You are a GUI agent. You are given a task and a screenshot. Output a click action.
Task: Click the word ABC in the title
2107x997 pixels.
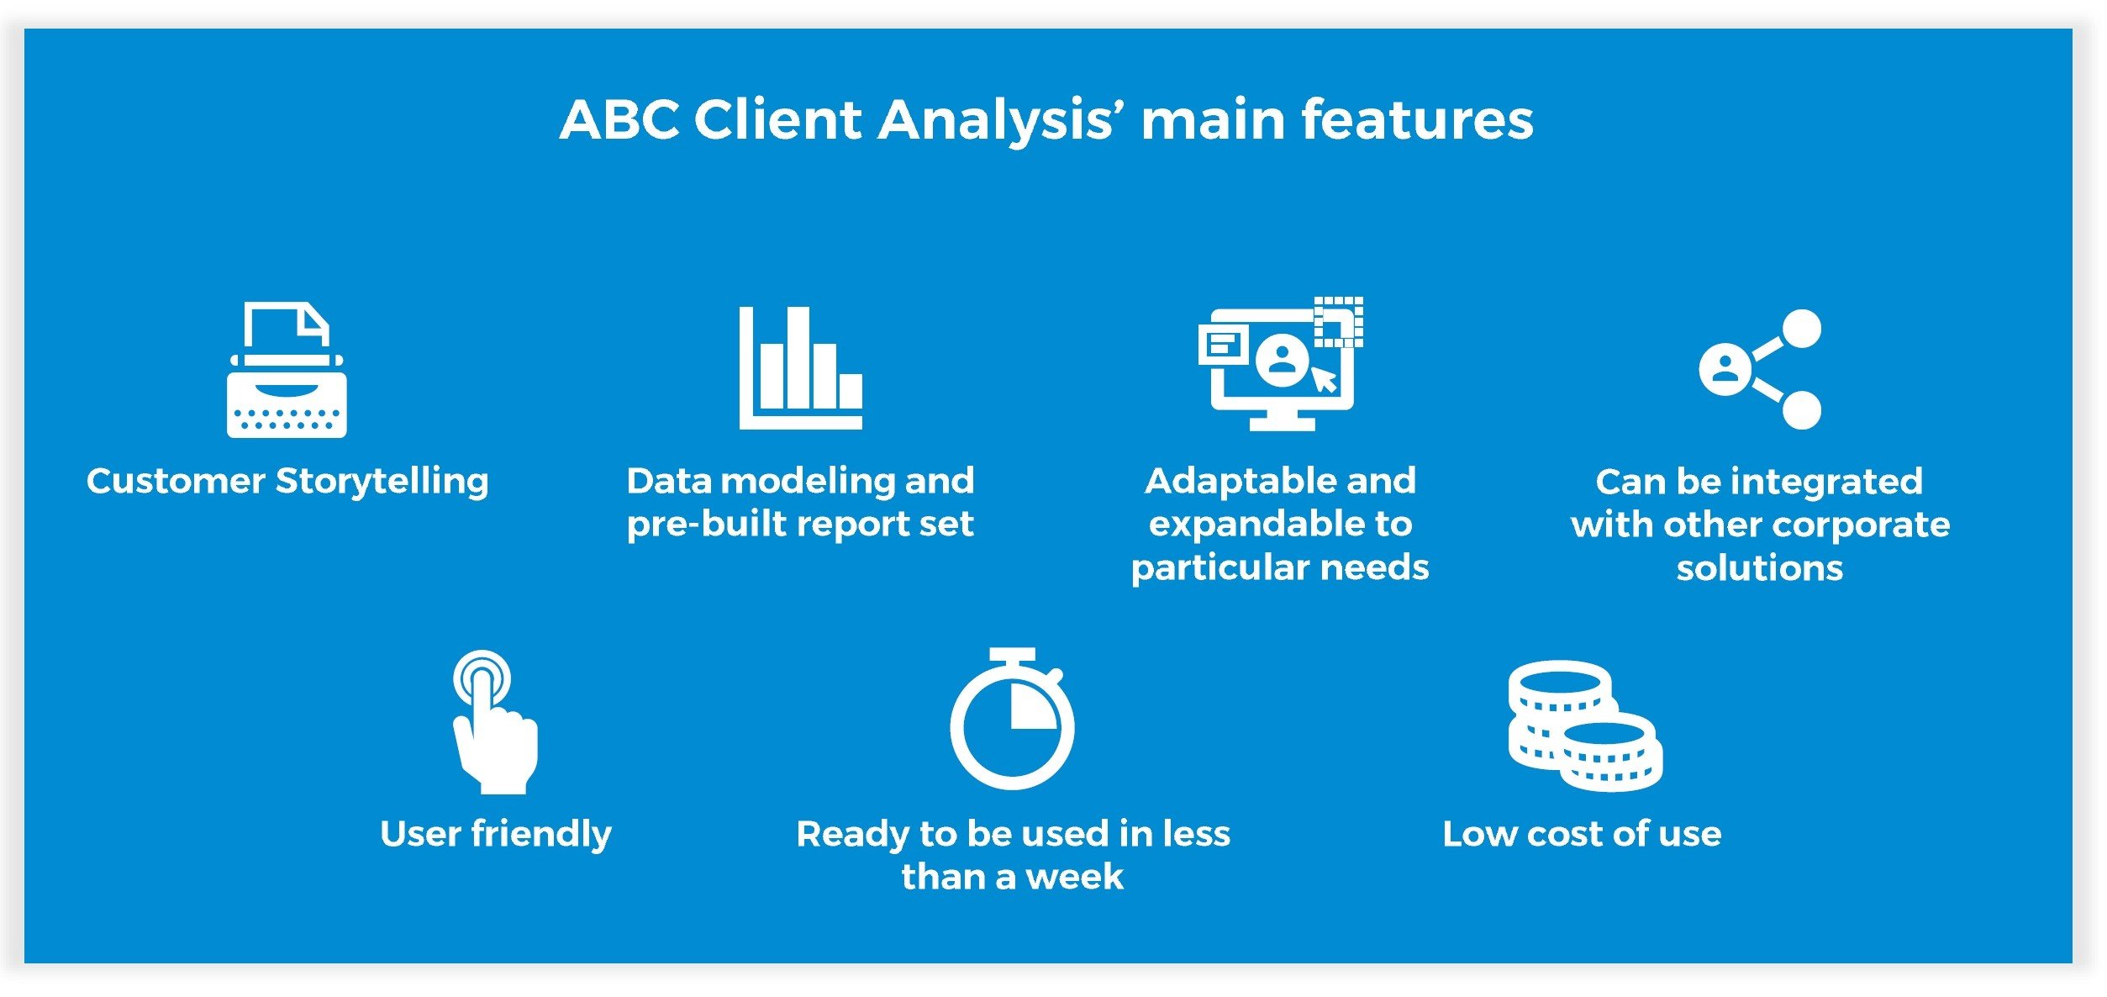[619, 119]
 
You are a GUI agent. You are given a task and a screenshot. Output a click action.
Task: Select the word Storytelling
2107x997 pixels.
[382, 482]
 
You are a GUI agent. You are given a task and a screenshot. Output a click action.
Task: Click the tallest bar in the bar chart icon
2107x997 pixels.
[797, 357]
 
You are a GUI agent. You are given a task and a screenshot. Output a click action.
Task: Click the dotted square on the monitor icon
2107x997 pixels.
[1338, 321]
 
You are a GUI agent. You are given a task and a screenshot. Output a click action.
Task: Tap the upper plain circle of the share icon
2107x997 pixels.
[1801, 329]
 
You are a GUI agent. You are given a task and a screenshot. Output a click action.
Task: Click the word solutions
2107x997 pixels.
[1759, 569]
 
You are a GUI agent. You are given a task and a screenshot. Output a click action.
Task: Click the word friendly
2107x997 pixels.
[541, 835]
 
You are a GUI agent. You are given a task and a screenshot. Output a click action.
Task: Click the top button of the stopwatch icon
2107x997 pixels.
[1012, 654]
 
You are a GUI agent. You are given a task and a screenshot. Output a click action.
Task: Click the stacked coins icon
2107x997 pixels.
[1583, 726]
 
